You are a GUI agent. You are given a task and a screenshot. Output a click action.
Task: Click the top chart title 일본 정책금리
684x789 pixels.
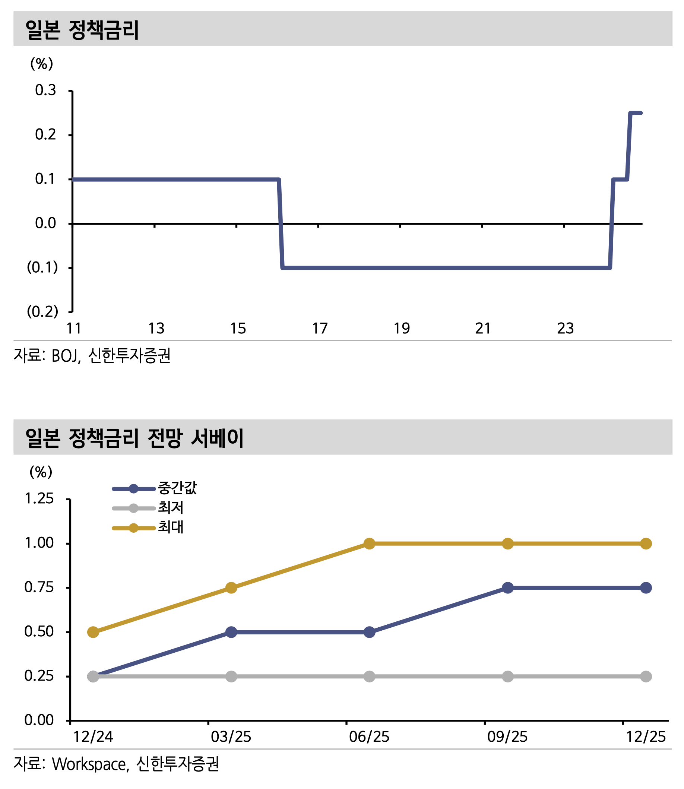82,30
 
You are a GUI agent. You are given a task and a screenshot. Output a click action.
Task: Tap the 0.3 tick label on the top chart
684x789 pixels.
45,91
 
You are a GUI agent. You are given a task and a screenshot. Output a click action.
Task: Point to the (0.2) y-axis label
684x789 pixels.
42,312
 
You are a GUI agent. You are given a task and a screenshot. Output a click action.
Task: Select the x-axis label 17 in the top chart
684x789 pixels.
320,329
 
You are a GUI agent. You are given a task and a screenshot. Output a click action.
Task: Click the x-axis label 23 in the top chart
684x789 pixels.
565,329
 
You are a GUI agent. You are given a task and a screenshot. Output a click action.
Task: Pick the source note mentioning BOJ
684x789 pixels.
92,356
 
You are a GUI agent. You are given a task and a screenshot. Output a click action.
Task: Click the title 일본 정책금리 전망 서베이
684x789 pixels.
134,438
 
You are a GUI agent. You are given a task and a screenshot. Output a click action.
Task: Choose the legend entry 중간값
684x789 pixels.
177,488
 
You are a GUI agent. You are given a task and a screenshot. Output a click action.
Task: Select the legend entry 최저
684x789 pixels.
171,508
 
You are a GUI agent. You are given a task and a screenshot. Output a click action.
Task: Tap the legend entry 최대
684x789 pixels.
171,528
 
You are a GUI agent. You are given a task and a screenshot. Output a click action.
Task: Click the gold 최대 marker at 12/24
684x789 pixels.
93,633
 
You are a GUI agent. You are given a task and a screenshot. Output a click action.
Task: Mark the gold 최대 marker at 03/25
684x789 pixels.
231,588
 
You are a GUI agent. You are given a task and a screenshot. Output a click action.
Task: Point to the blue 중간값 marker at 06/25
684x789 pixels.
370,633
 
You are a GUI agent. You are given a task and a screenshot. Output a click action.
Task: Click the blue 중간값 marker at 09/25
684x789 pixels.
508,588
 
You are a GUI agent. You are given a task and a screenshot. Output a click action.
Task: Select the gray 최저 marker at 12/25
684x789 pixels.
646,677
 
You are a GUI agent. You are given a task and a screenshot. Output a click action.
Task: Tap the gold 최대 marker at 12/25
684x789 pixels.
646,544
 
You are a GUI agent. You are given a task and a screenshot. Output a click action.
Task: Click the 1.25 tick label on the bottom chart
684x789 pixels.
39,499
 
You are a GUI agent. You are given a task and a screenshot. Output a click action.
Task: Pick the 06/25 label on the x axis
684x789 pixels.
369,737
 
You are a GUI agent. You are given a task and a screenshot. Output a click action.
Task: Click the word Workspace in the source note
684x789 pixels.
89,764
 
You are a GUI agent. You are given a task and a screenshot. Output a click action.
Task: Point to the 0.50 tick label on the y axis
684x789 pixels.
39,632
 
